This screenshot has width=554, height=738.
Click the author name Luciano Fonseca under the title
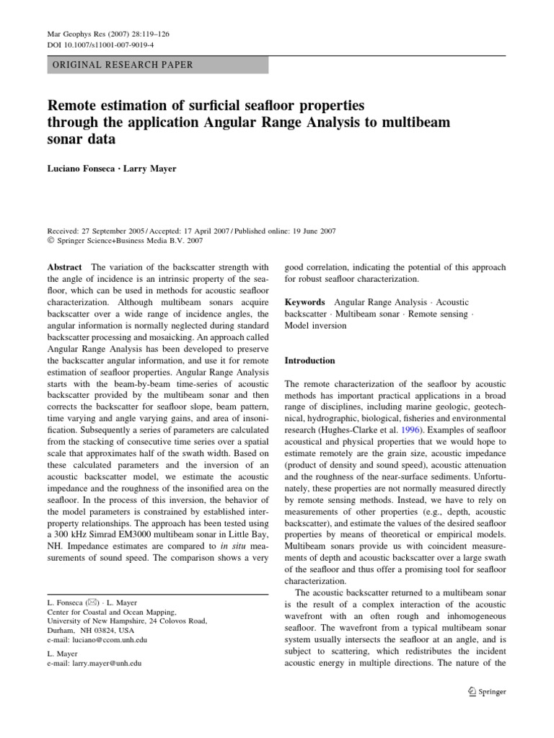coord(76,167)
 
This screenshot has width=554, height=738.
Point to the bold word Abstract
coord(64,267)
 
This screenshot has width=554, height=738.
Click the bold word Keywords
coord(304,302)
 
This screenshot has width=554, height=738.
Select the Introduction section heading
coord(310,360)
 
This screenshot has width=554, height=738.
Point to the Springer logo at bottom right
coord(487,691)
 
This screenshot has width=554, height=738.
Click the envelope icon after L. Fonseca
coord(91,602)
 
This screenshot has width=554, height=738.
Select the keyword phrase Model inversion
coord(315,325)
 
